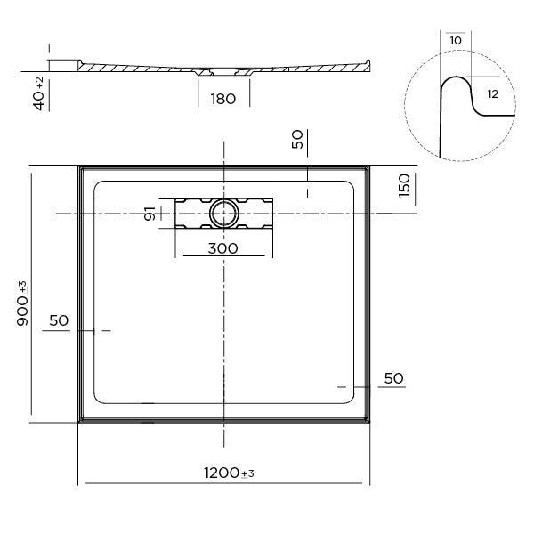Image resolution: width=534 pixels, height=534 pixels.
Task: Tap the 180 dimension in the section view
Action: click(222, 99)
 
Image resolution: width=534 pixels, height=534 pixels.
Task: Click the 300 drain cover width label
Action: click(222, 248)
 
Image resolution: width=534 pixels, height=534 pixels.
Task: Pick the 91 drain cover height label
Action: click(151, 214)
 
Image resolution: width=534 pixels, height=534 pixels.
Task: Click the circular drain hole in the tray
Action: click(223, 213)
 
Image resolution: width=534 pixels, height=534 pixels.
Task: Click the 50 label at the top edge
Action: click(297, 139)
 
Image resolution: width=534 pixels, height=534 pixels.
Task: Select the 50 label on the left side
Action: click(60, 320)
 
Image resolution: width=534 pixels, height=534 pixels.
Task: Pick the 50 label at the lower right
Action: click(393, 378)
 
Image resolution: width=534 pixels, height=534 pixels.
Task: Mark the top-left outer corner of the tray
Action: click(79, 165)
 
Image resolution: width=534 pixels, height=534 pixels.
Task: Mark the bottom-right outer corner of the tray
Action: click(368, 424)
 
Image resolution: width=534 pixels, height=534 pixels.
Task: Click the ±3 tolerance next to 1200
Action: click(247, 474)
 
